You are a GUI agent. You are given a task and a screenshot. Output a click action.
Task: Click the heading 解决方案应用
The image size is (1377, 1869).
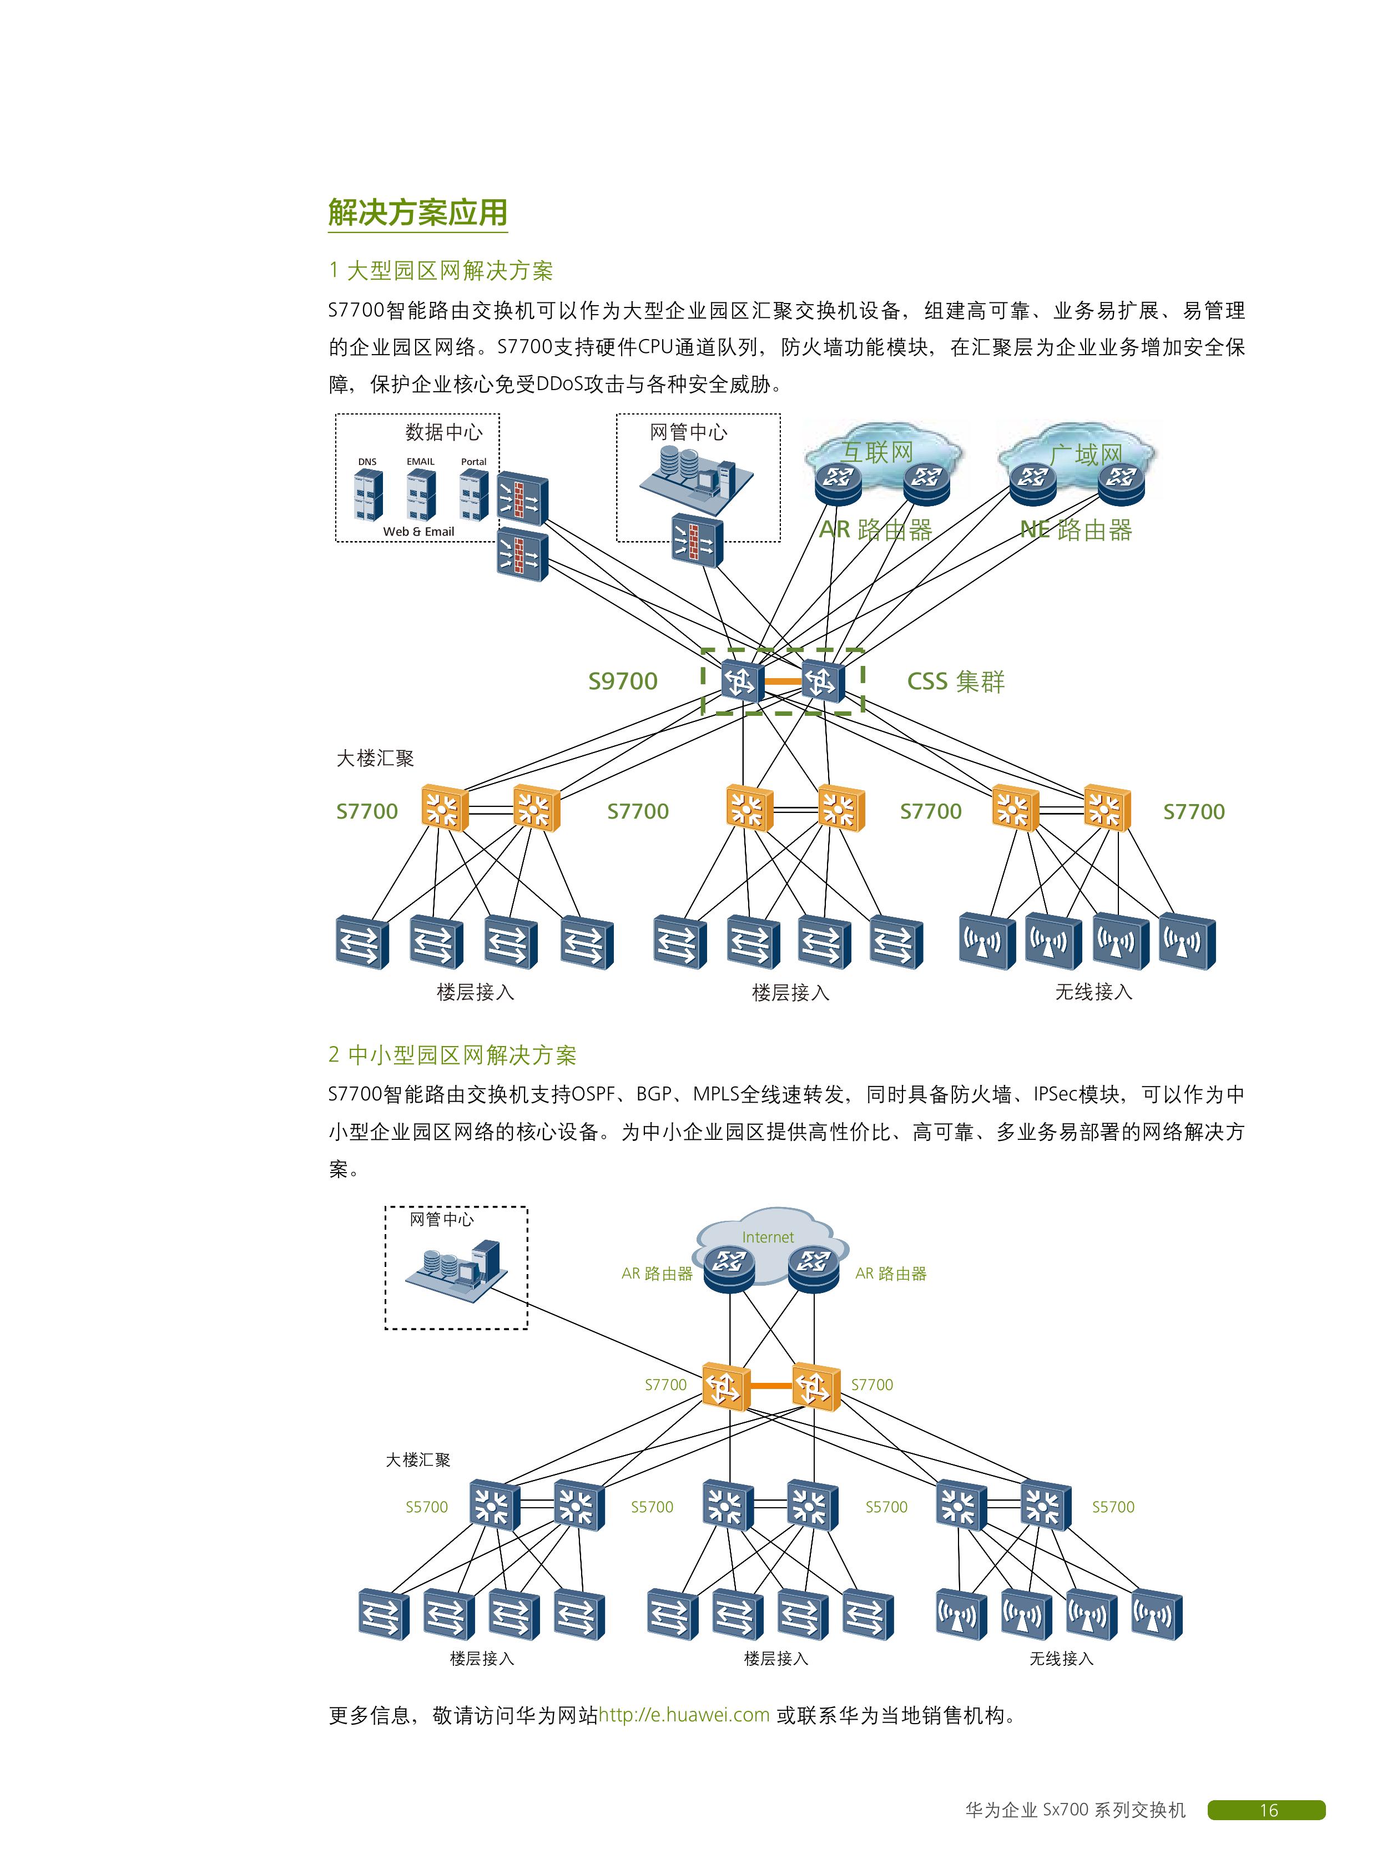tap(417, 213)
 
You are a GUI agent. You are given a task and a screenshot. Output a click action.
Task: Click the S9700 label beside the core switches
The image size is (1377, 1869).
tap(623, 681)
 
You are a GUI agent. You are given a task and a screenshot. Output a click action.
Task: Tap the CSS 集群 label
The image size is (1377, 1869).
tap(955, 681)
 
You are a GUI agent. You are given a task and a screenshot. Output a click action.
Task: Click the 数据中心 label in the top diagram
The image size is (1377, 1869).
tap(443, 432)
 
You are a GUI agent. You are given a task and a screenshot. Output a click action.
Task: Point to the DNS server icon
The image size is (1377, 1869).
tap(367, 494)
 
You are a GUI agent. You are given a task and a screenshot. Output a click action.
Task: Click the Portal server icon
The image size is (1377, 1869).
tap(473, 494)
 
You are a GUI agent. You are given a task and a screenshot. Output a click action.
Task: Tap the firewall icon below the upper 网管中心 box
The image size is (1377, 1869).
tap(697, 542)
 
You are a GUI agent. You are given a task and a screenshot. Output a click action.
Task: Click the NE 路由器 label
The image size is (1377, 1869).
tap(1076, 530)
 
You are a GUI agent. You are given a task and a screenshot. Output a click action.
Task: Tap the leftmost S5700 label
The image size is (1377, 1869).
tap(427, 1507)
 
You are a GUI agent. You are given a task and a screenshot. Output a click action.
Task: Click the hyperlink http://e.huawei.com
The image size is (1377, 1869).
tap(683, 1715)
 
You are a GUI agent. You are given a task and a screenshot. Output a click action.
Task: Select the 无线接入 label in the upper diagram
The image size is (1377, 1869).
tap(1093, 992)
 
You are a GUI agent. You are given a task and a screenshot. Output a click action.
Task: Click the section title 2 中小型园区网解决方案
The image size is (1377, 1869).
tap(452, 1055)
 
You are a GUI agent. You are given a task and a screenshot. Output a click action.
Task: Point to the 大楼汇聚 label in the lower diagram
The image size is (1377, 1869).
tap(417, 1460)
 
